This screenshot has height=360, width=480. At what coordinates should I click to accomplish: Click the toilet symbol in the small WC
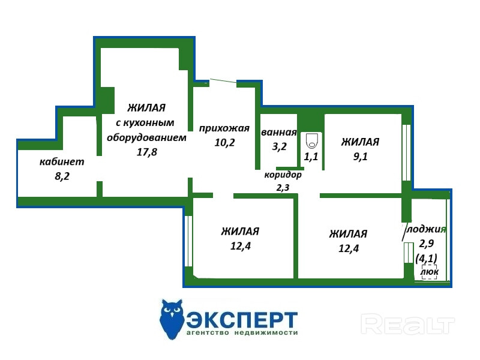pyautogui.click(x=311, y=142)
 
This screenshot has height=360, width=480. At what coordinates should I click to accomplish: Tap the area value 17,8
pyautogui.click(x=146, y=152)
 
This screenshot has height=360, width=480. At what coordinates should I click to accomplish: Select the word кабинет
pyautogui.click(x=62, y=161)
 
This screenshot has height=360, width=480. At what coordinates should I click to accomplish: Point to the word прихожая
pyautogui.click(x=224, y=128)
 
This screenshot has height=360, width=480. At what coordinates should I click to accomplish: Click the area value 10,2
pyautogui.click(x=224, y=142)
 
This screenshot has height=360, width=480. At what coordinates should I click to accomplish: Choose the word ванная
pyautogui.click(x=279, y=133)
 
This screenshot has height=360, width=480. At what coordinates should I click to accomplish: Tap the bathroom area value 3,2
pyautogui.click(x=279, y=146)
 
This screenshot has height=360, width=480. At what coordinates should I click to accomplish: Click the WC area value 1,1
pyautogui.click(x=311, y=157)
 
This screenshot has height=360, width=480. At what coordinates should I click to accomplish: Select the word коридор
pyautogui.click(x=283, y=175)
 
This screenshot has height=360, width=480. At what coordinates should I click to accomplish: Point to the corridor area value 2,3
pyautogui.click(x=283, y=188)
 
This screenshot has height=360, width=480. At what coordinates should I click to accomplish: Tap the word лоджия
pyautogui.click(x=426, y=229)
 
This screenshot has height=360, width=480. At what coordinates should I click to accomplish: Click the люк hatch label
pyautogui.click(x=429, y=272)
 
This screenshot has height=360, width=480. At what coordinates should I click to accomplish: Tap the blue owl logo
pyautogui.click(x=172, y=319)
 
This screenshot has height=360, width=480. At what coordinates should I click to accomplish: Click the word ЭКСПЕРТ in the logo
pyautogui.click(x=242, y=317)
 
